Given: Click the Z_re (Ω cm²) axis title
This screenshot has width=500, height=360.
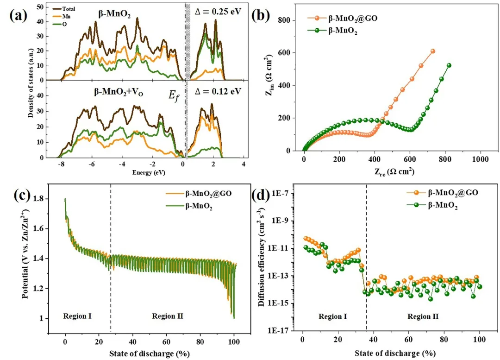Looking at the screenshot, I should [388, 171].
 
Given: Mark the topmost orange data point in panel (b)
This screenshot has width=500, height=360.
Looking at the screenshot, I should [433, 51].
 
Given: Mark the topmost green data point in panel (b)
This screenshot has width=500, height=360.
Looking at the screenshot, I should [449, 65].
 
